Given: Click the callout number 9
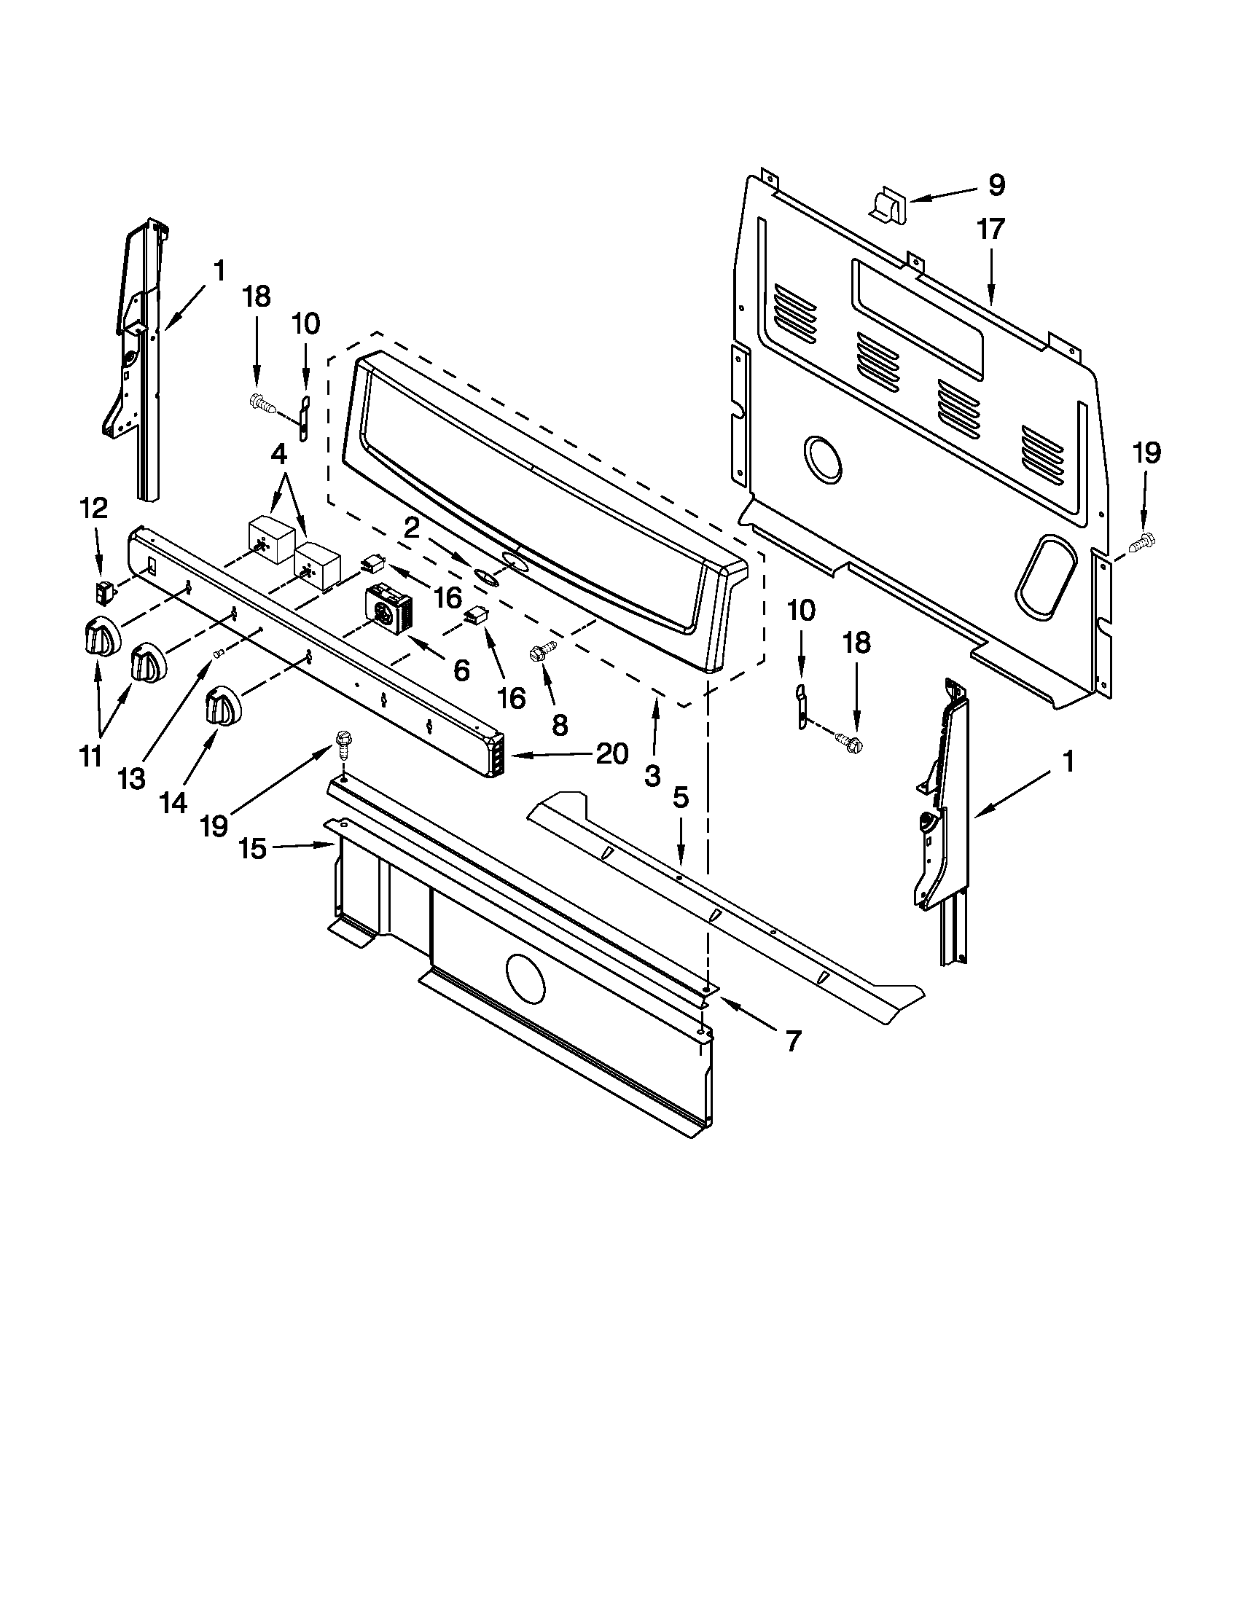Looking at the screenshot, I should tap(996, 185).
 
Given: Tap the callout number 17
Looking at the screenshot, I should tap(990, 230).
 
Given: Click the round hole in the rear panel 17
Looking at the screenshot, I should tap(823, 459).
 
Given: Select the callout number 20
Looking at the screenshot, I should tap(611, 753).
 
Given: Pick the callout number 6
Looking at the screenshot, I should tap(461, 670).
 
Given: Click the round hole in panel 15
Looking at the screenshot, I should tap(525, 979).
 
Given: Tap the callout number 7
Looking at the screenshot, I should tap(793, 1040).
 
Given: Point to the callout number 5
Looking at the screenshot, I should tap(681, 798).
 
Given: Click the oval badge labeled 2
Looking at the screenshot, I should tap(484, 576).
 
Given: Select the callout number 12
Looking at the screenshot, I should tap(94, 508).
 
